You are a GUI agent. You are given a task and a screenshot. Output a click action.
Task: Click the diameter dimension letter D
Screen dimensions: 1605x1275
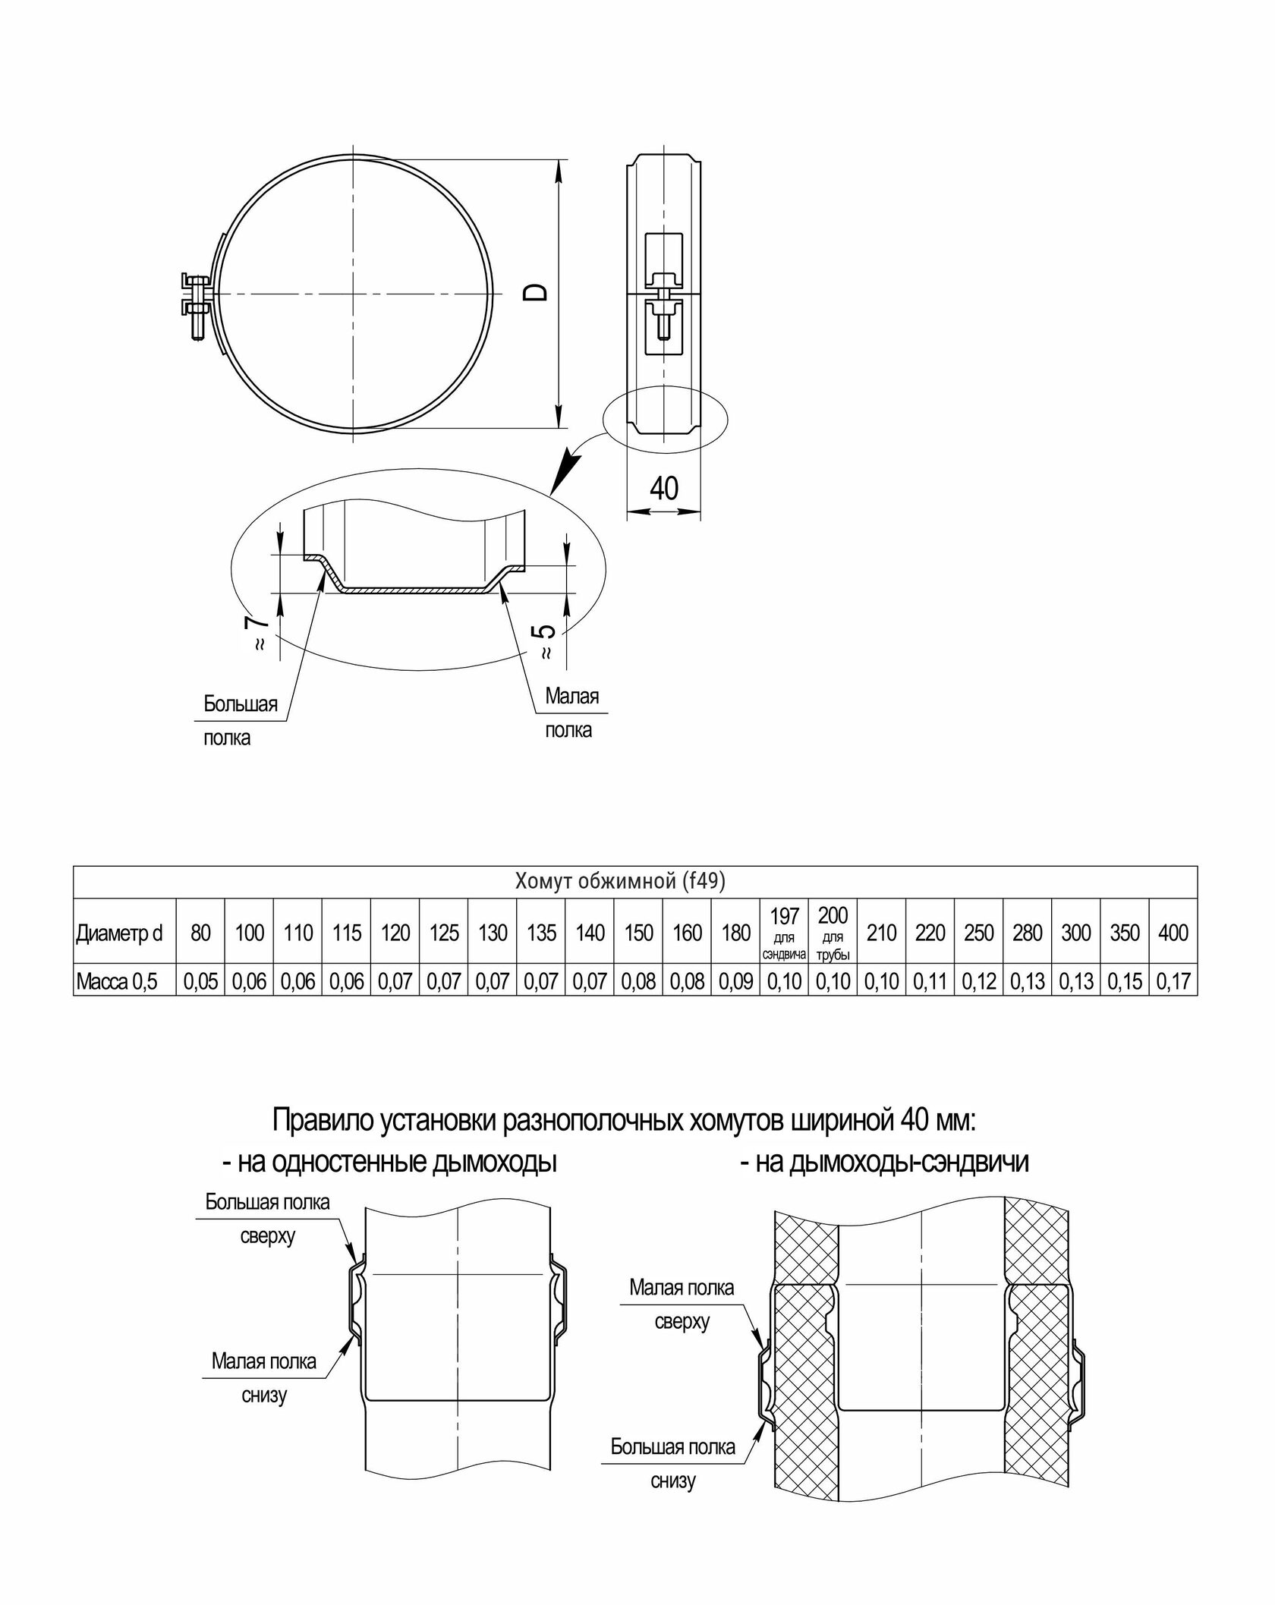pos(537,293)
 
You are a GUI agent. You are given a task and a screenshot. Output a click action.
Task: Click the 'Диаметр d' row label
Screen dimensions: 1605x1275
pos(120,933)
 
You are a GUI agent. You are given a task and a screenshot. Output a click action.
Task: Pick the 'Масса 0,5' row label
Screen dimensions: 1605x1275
pos(117,982)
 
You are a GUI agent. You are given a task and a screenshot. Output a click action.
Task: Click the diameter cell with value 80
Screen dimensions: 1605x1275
pos(200,933)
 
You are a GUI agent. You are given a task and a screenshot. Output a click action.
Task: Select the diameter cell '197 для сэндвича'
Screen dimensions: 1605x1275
pos(784,933)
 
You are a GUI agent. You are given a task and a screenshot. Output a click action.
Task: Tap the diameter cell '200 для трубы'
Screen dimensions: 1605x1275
pos(833,933)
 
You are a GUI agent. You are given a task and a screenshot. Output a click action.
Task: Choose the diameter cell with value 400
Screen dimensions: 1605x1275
pos(1173,933)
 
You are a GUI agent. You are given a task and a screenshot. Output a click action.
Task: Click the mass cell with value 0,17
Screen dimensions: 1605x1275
pos(1173,982)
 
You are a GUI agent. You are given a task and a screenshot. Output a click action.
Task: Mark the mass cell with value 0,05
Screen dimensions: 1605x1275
pos(200,982)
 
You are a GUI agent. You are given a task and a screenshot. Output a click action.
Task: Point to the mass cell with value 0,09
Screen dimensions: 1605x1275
pos(735,982)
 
